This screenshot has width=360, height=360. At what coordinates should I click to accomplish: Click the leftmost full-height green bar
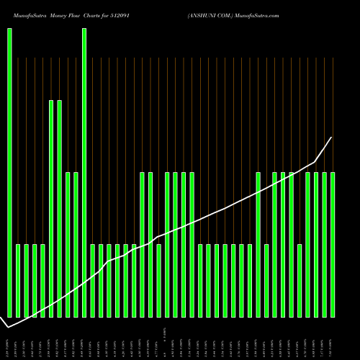click(x=9, y=173)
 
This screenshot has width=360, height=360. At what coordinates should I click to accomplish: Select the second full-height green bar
click(x=84, y=173)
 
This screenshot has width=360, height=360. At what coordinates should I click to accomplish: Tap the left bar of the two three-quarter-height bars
click(x=51, y=209)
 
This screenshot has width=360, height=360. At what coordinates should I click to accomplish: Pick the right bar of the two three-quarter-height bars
click(x=60, y=209)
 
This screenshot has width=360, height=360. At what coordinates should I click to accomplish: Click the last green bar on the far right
click(x=333, y=245)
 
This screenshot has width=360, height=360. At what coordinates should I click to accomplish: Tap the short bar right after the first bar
click(x=18, y=281)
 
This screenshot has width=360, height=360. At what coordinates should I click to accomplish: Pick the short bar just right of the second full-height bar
click(x=93, y=281)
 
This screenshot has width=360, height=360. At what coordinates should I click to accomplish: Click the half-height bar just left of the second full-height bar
click(x=76, y=245)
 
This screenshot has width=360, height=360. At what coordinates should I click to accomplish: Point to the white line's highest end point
click(x=331, y=138)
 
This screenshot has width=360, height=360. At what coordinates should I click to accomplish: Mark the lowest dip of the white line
click(x=8, y=328)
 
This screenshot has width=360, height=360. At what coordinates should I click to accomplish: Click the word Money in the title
click(x=59, y=14)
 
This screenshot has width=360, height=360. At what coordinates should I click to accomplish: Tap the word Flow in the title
click(x=80, y=14)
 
